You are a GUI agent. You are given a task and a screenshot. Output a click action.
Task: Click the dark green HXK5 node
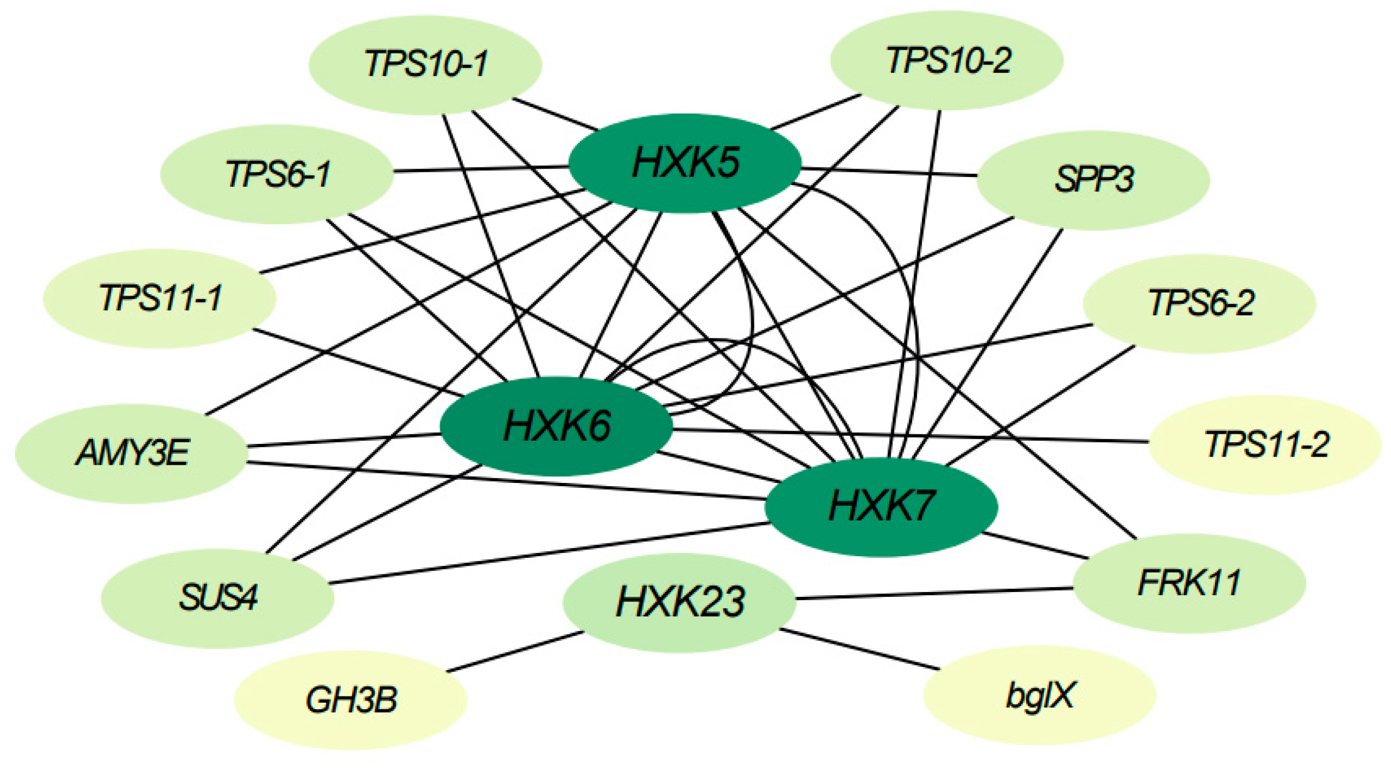pos(685,163)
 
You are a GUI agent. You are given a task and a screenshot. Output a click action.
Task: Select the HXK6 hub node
pos(556,426)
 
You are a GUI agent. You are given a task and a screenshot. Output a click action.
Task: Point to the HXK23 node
pos(679,602)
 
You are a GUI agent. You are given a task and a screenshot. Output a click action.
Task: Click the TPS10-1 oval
pos(425,64)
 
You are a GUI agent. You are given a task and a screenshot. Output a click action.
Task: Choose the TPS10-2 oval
pos(946,60)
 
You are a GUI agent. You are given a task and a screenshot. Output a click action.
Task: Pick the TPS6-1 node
pos(277,174)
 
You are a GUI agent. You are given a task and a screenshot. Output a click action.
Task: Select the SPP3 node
pos(1093,180)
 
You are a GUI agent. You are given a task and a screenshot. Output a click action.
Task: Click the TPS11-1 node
pos(160,298)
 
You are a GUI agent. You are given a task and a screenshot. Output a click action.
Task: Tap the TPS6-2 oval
pos(1199,303)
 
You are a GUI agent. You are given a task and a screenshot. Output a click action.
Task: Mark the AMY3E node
pos(131,453)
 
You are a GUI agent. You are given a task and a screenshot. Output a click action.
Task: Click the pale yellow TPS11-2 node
pos(1265,444)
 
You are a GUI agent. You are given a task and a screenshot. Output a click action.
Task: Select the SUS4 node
pos(218,598)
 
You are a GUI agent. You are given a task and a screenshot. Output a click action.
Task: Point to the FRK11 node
pos(1189,583)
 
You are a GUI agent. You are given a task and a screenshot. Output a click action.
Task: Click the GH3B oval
pos(350,700)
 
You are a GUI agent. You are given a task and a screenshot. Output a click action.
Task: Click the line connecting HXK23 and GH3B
pos(516,651)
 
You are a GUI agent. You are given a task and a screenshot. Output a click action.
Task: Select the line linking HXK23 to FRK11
pos(934,593)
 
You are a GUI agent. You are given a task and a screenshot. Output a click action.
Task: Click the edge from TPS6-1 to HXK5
pos(480,170)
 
